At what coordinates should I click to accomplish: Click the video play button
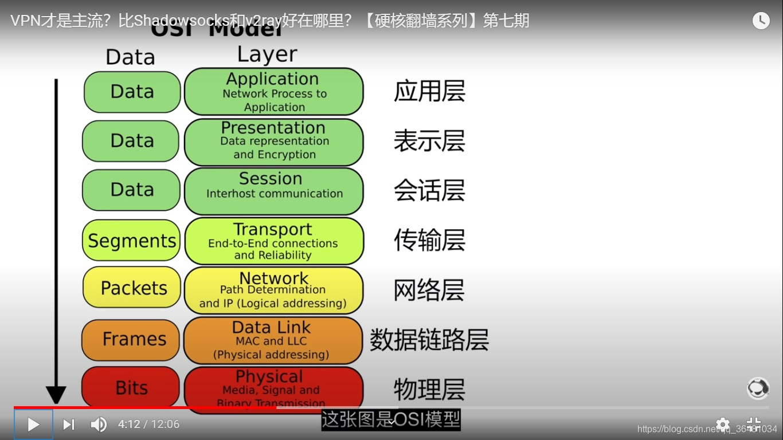coord(33,425)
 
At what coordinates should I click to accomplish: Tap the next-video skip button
coord(69,425)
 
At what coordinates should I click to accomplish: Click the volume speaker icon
coord(99,425)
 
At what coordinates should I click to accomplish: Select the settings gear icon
coord(723,425)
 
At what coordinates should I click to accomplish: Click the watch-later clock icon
coord(761,21)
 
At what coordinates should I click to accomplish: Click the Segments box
coord(132,241)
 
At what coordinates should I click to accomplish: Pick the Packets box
coord(132,288)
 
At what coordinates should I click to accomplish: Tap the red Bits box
coord(131,387)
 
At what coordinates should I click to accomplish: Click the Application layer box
coord(274,92)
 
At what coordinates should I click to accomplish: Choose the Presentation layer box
coord(274,141)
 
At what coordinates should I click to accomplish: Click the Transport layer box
coord(274,241)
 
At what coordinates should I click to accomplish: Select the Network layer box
coord(274,290)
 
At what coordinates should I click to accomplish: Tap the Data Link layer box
coord(273,340)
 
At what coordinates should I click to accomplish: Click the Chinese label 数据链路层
coord(429,340)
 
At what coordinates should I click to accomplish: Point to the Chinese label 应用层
coord(429,92)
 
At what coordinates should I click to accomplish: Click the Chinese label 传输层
coord(429,241)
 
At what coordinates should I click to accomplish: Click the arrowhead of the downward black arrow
coord(56,395)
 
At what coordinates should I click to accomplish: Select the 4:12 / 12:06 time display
coord(148,425)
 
